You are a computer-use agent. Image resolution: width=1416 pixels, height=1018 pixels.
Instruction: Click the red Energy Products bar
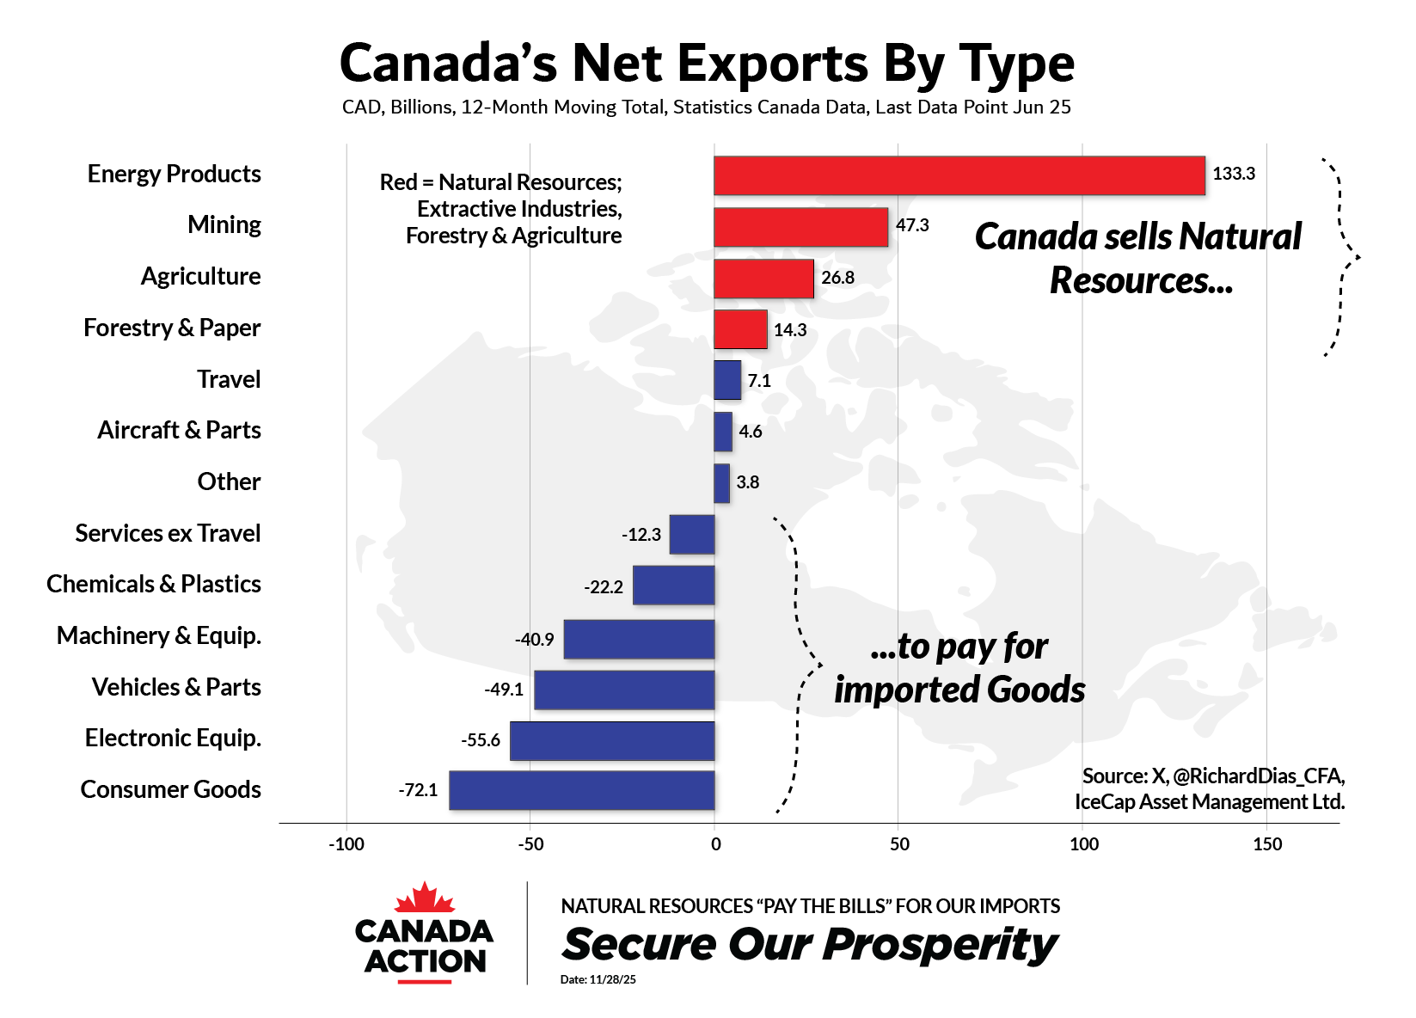point(959,175)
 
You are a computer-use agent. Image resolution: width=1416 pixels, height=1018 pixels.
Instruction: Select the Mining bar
point(800,227)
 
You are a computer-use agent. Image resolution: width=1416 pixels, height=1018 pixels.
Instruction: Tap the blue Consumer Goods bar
point(581,790)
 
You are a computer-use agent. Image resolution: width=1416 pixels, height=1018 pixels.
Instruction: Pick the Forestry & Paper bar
point(740,329)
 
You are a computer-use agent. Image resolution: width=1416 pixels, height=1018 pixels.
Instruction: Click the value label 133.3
point(1233,174)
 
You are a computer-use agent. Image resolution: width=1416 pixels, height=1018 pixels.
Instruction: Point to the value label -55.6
point(480,740)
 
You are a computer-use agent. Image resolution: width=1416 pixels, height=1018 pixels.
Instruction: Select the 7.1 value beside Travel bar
point(759,381)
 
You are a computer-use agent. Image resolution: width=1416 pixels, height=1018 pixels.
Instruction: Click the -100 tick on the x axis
point(346,844)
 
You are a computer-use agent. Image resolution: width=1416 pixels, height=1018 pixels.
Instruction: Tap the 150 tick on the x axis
point(1267,844)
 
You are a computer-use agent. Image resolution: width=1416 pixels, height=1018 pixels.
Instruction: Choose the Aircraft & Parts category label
point(179,430)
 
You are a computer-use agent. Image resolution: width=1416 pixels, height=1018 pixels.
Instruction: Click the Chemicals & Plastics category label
point(154,584)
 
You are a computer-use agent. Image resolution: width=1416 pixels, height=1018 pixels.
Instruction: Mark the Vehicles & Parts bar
point(624,690)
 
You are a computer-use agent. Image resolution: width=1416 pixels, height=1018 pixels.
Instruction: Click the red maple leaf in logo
point(424,898)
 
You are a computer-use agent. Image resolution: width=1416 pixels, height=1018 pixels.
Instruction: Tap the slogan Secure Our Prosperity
point(809,945)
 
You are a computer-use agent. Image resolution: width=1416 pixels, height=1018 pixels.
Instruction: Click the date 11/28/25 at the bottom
point(612,979)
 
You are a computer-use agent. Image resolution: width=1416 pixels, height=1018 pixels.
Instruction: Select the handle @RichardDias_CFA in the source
point(1257,776)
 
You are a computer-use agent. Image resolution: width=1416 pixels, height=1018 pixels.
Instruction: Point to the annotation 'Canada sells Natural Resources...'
point(1138,258)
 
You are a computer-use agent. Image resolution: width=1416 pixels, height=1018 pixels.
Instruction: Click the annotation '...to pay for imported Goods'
point(959,668)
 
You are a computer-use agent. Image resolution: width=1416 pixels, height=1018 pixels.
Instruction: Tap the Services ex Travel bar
point(692,535)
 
